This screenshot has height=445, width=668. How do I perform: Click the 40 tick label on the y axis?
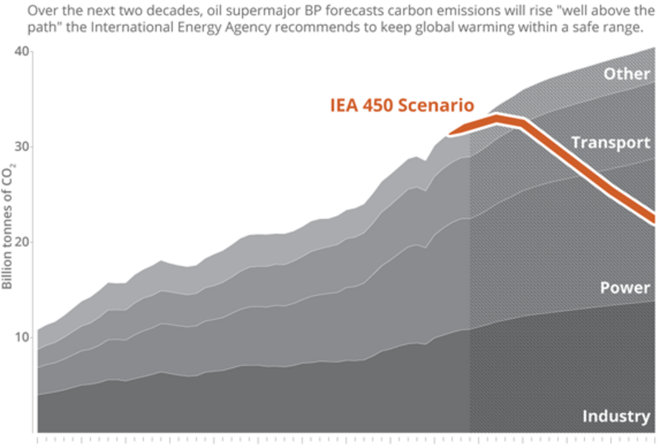coord(22,51)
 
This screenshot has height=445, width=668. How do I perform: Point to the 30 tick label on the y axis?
coord(22,147)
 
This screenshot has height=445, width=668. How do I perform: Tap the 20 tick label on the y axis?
coord(22,243)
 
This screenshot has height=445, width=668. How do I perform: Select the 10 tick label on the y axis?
coord(22,337)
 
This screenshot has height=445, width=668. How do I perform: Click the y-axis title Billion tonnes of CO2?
coord(7,226)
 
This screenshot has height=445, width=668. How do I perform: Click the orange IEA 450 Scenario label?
coord(402,105)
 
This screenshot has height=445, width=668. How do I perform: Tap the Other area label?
coord(626,74)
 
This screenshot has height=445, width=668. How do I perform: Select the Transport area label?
coord(611,142)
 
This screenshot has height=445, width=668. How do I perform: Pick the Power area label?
coord(625,288)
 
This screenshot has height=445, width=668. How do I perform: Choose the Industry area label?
coord(616,416)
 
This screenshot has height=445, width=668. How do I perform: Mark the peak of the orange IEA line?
coord(497,117)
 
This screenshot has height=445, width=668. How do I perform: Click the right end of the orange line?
coord(652,217)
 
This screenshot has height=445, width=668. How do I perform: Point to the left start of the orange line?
coord(450,134)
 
